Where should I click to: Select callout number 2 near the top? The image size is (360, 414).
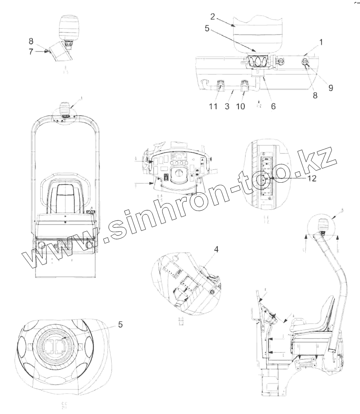212,17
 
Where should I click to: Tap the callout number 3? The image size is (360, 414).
227,106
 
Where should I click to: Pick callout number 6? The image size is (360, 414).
273,106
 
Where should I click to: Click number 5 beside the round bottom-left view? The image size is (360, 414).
120,325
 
